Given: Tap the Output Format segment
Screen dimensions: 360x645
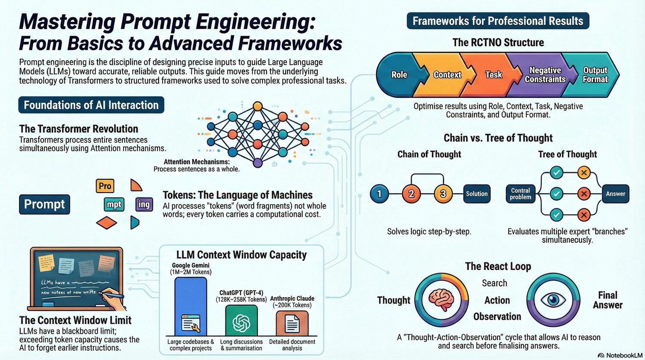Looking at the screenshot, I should click(x=595, y=75).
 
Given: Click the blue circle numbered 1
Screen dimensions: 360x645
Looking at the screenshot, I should click(x=379, y=194).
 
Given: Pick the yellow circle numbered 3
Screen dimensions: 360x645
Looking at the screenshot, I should click(x=443, y=194).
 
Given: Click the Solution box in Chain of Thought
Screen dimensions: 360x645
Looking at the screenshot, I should click(x=477, y=194).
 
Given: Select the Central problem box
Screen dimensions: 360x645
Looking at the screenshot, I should click(x=520, y=194).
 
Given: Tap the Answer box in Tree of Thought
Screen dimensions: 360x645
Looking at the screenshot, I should click(x=615, y=194).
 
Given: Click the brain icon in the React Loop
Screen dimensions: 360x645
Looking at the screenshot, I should click(x=442, y=299).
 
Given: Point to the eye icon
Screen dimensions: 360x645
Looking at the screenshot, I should click(x=553, y=299).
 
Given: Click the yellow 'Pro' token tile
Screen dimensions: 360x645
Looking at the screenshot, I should click(x=105, y=186).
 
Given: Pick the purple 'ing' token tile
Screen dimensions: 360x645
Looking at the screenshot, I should click(x=144, y=204).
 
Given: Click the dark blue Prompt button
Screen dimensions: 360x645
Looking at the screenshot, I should click(x=44, y=204).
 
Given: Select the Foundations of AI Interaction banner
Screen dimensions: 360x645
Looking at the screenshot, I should click(x=91, y=105).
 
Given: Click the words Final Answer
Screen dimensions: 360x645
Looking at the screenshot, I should click(x=608, y=300).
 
